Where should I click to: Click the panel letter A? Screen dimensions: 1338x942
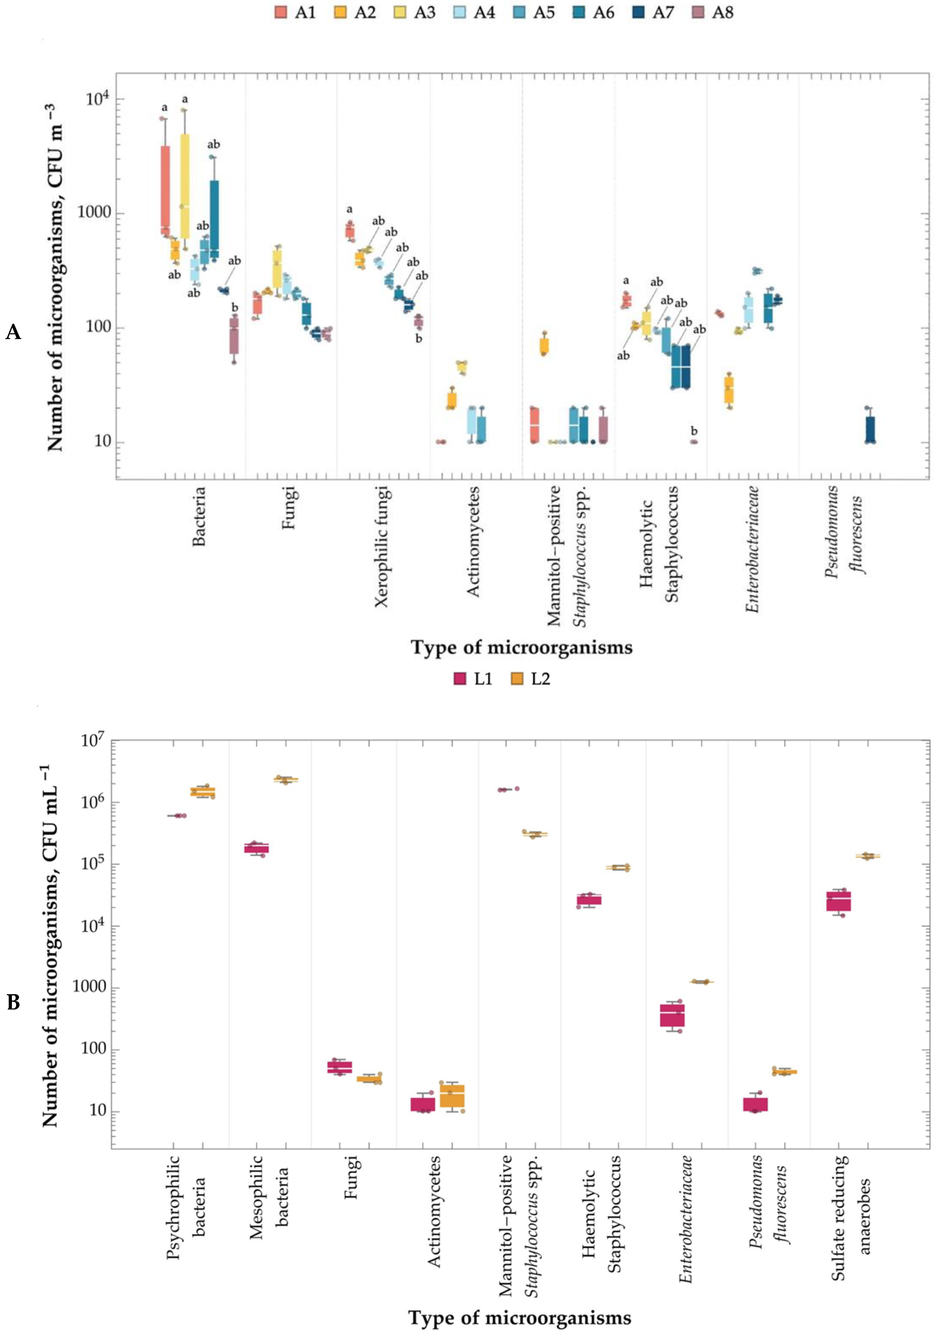pos(13,332)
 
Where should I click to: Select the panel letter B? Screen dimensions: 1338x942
pos(13,1002)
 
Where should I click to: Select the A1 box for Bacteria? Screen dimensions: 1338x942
pos(165,189)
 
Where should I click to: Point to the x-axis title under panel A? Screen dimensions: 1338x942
pos(521,647)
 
